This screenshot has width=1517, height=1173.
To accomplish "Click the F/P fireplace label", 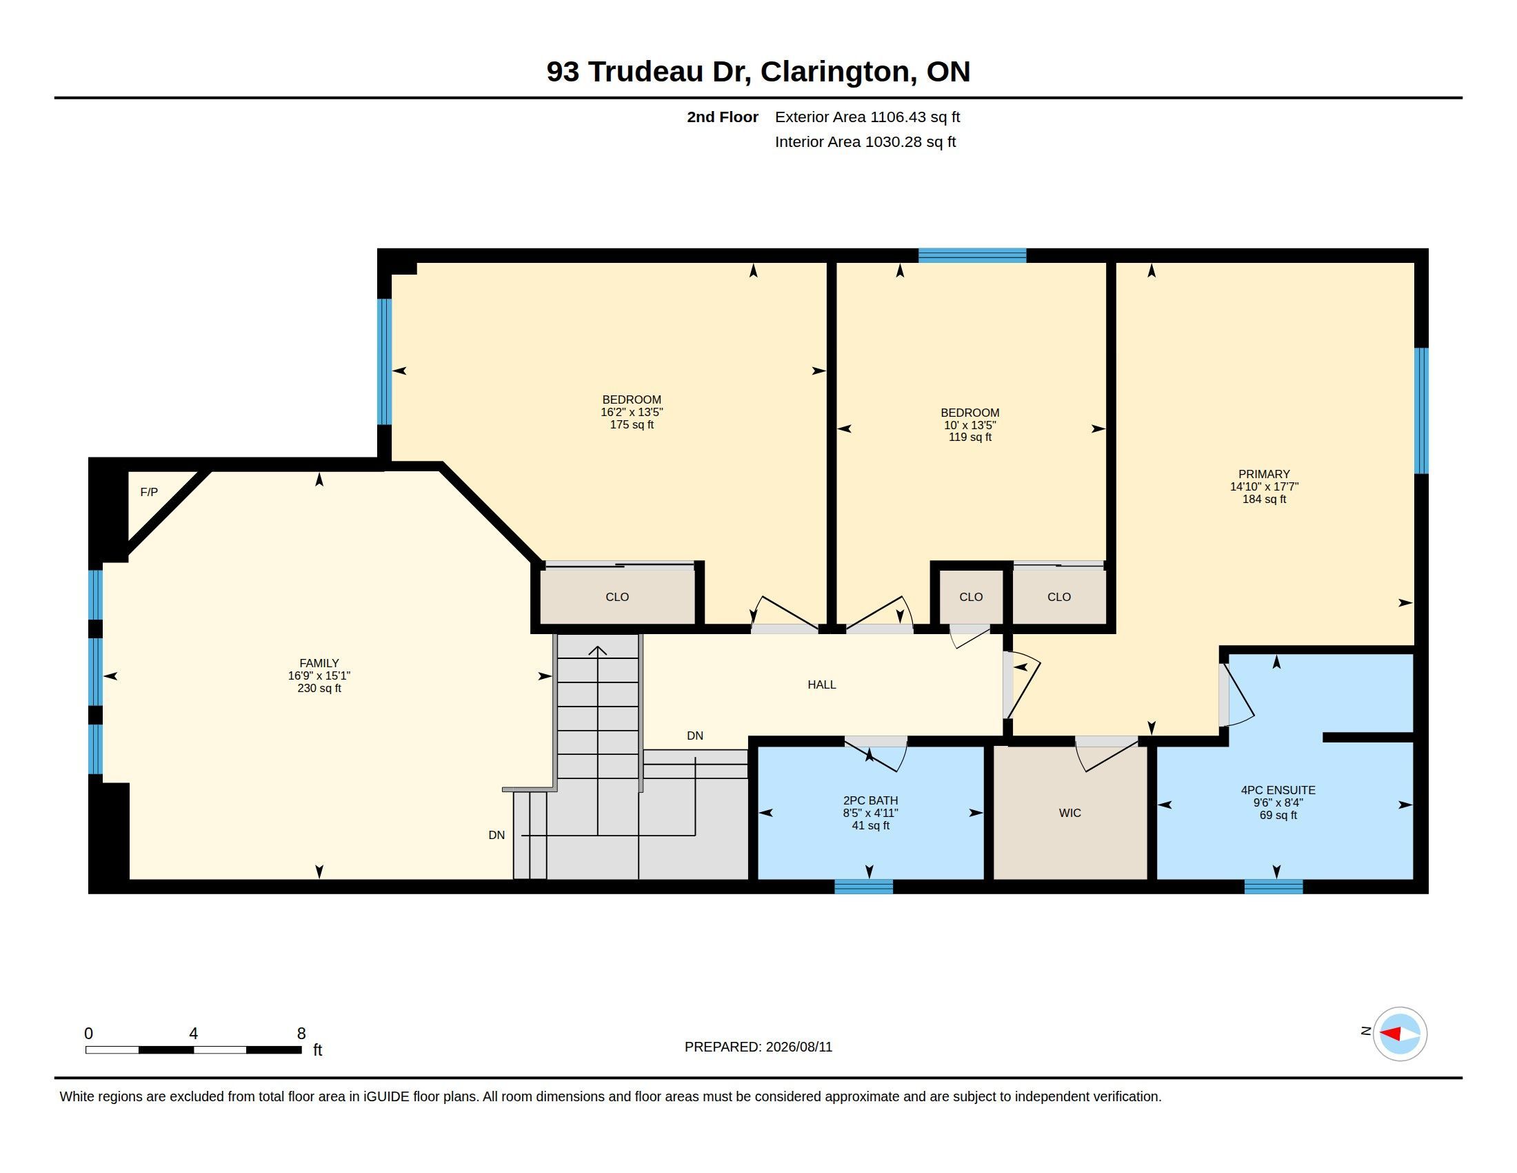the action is click(x=149, y=492).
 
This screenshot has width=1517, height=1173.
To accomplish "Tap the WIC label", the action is click(x=1069, y=812).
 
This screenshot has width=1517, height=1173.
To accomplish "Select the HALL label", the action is click(x=822, y=684).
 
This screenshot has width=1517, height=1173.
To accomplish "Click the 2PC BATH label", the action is click(x=870, y=800).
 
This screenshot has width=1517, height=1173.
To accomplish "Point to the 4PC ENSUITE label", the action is click(x=1278, y=790).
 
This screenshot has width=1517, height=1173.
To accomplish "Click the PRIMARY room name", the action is click(x=1264, y=474).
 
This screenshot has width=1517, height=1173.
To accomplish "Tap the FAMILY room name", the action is click(x=319, y=663).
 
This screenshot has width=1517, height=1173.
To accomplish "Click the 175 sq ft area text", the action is click(x=632, y=424).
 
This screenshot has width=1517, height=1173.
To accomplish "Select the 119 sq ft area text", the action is click(x=970, y=437).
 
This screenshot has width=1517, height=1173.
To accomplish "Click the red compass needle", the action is click(x=1389, y=1034).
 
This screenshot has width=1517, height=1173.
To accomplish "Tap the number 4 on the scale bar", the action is click(x=193, y=1034).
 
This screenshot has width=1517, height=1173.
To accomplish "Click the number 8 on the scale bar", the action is click(x=301, y=1034).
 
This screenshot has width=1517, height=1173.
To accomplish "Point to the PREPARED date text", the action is click(x=758, y=1047).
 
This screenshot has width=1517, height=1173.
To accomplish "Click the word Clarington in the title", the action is click(x=836, y=72).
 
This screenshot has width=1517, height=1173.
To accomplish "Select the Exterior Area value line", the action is click(x=867, y=117).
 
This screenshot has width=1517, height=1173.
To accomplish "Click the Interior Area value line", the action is click(x=865, y=141).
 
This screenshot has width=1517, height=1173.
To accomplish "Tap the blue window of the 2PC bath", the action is click(x=863, y=887).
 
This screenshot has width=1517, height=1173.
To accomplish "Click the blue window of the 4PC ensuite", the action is click(x=1274, y=887).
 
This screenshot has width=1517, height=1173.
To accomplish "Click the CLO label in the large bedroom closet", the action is click(x=617, y=597).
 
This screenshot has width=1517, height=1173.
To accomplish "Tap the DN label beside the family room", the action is click(x=496, y=836).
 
